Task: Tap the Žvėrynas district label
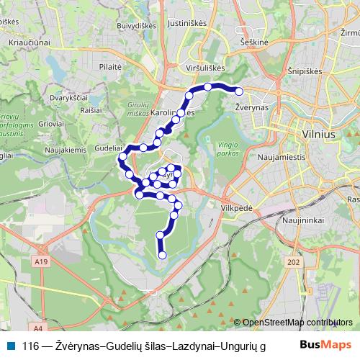[x=252, y=106]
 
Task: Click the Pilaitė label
[x=111, y=66]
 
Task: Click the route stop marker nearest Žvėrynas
[x=239, y=91]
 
